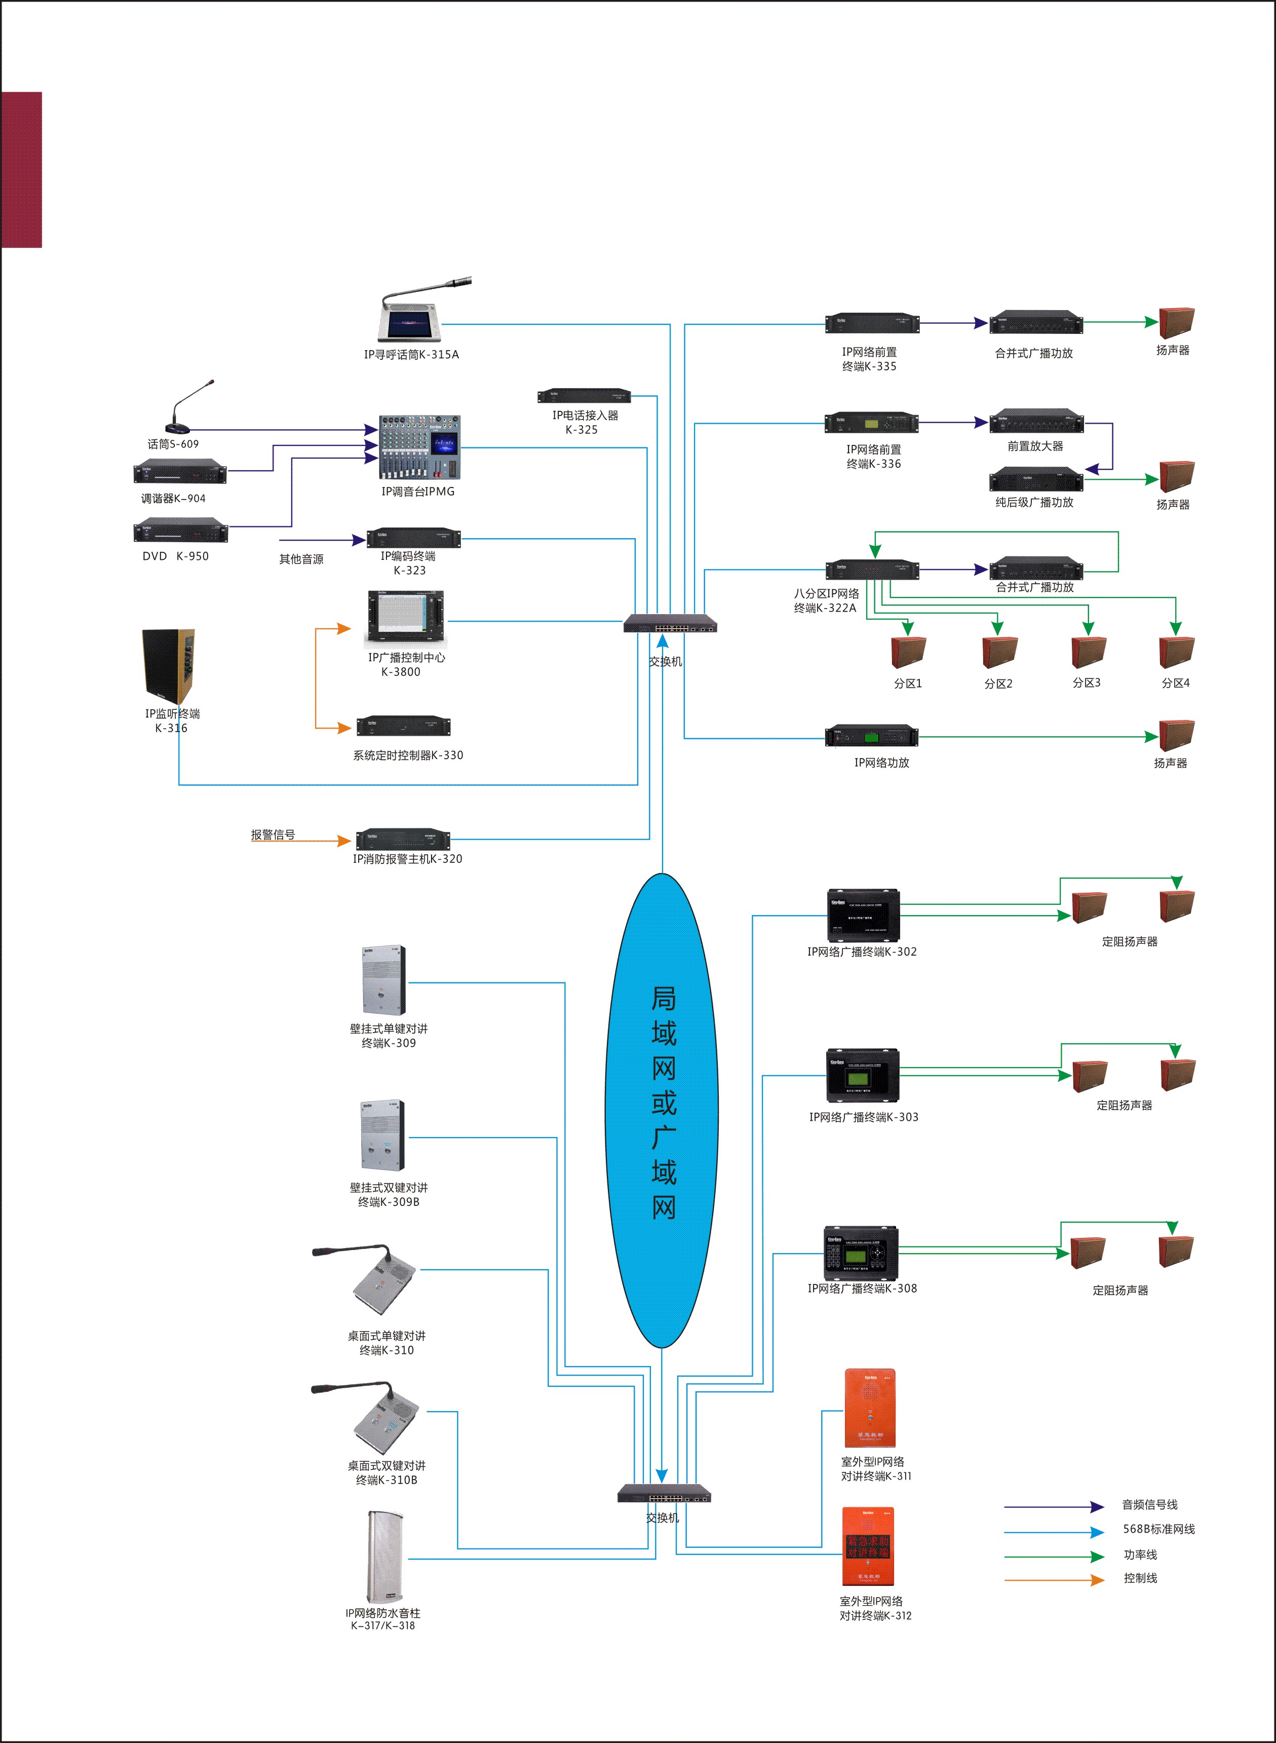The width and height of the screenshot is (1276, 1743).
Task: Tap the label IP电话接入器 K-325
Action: click(585, 423)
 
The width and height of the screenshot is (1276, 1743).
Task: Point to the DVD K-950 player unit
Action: click(181, 532)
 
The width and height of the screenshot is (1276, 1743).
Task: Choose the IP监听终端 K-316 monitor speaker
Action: click(168, 666)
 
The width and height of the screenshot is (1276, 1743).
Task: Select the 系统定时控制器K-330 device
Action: click(403, 726)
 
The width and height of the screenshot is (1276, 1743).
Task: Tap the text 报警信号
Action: click(273, 835)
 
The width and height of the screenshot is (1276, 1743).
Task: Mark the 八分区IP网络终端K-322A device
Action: click(872, 570)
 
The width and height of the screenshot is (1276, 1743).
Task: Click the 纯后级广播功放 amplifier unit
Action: click(1036, 479)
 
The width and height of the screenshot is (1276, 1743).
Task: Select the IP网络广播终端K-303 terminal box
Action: click(863, 1075)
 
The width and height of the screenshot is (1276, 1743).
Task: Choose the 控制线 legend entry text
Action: click(1140, 1578)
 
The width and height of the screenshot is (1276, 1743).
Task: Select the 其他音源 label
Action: click(301, 558)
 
